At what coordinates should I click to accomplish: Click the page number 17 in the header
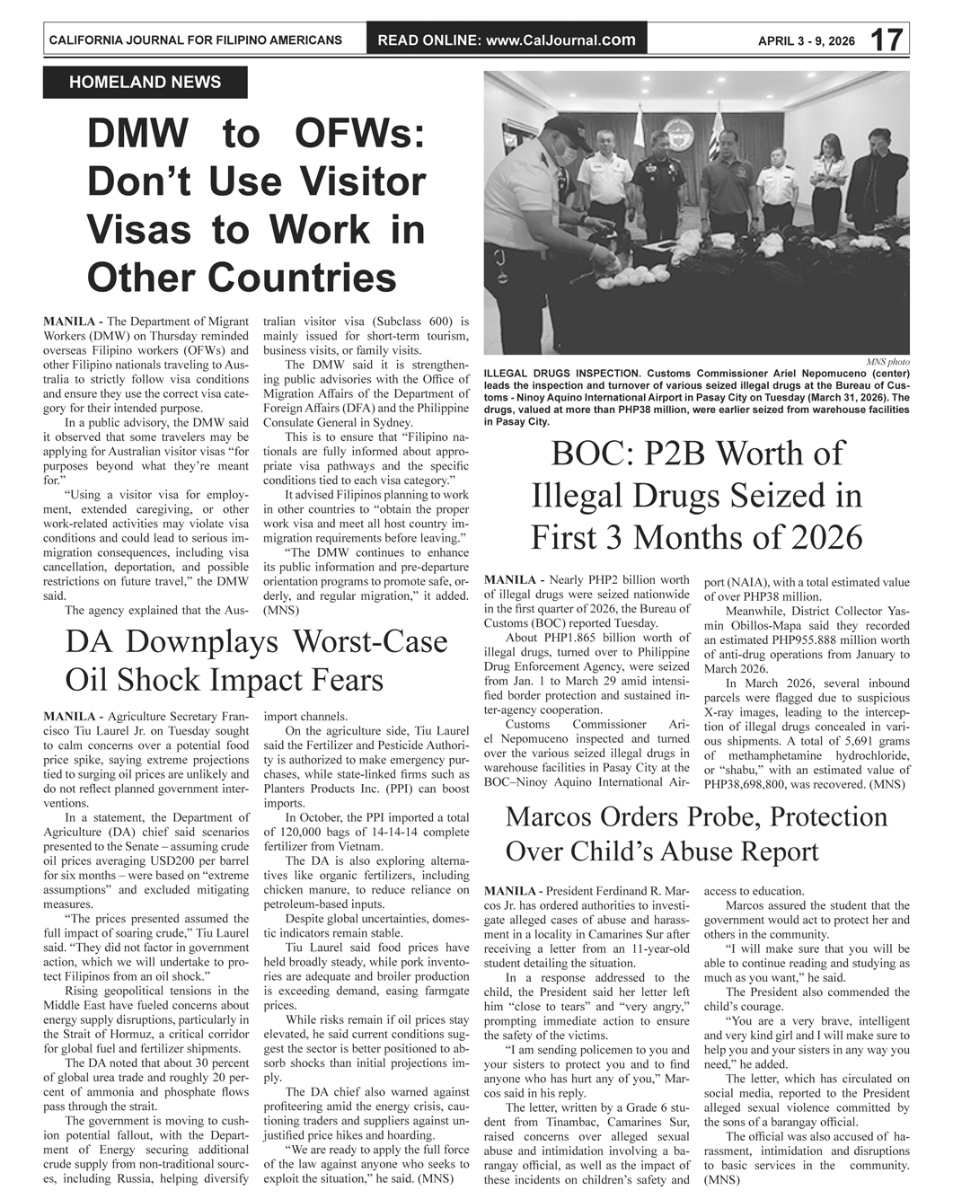[x=886, y=40]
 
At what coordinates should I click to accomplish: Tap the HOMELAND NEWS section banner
[x=145, y=83]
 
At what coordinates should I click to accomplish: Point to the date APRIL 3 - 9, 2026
[x=806, y=41]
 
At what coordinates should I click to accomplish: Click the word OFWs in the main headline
[x=358, y=135]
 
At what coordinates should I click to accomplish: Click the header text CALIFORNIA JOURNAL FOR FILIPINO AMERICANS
[x=195, y=40]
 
